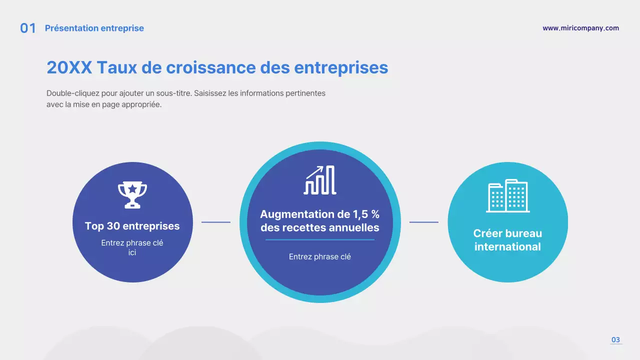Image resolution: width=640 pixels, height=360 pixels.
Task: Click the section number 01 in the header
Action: click(28, 28)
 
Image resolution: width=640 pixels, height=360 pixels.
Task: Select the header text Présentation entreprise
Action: click(94, 28)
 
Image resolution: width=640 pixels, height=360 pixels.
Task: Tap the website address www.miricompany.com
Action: click(580, 28)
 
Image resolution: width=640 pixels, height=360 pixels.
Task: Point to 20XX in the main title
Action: click(69, 67)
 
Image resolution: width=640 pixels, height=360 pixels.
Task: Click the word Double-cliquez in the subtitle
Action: click(69, 93)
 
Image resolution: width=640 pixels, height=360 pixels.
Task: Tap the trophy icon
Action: click(132, 194)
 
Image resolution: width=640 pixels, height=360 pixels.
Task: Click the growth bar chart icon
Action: click(320, 180)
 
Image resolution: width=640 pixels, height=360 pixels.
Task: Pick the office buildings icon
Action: click(507, 195)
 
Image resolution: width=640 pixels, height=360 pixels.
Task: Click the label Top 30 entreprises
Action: click(132, 226)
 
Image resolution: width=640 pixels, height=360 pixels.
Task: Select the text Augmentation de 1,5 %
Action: click(320, 214)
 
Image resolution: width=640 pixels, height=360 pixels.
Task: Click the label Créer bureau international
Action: click(507, 240)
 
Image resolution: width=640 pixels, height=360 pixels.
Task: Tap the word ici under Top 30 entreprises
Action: click(132, 253)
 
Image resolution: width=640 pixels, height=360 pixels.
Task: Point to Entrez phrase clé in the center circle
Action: click(320, 257)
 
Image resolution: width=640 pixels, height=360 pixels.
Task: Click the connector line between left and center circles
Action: click(216, 222)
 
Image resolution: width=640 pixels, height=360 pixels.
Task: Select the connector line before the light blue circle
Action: click(424, 222)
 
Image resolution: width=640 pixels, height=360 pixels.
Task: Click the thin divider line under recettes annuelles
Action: click(320, 240)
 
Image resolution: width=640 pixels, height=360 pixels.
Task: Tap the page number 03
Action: click(615, 340)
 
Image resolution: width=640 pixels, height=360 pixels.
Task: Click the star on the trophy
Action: click(132, 188)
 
